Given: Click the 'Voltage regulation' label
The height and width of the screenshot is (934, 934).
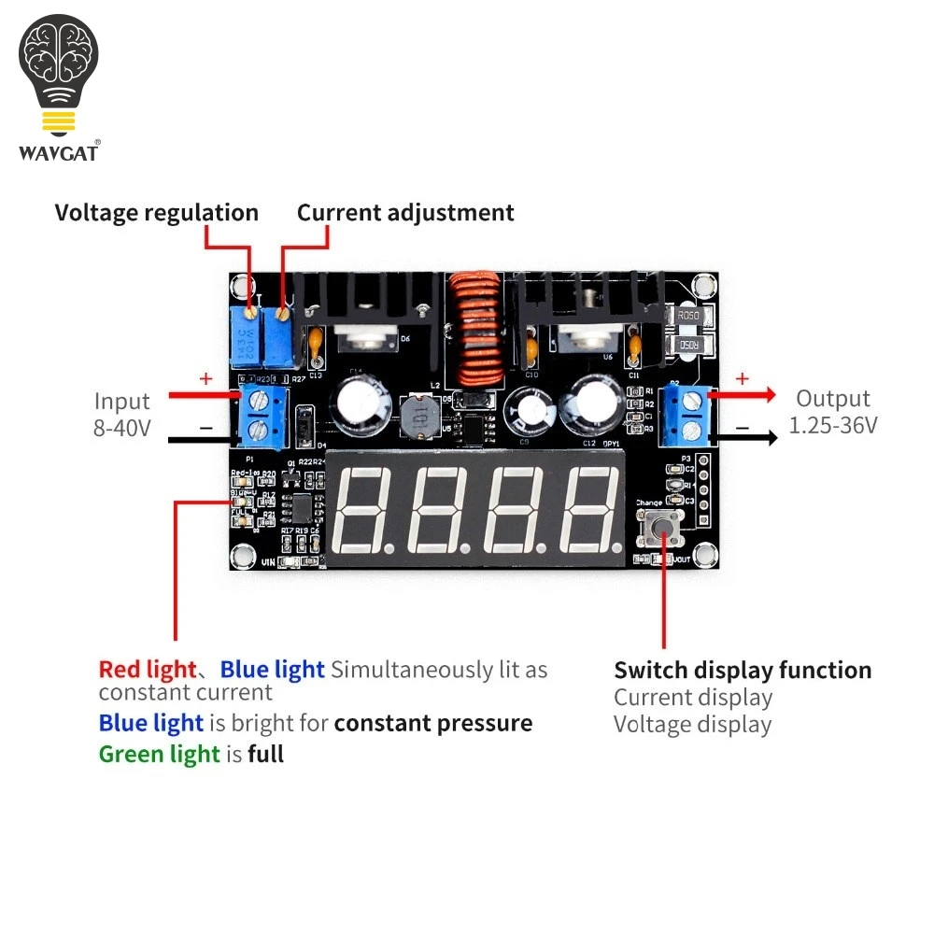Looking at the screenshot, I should pyautogui.click(x=156, y=213).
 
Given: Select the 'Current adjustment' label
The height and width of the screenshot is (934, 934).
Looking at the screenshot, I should pyautogui.click(x=405, y=213).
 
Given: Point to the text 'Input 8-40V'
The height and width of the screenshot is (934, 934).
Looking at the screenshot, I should pyautogui.click(x=122, y=416).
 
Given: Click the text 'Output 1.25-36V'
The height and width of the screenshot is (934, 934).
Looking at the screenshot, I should pyautogui.click(x=833, y=412).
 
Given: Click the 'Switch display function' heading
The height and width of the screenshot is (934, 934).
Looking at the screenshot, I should pyautogui.click(x=743, y=671).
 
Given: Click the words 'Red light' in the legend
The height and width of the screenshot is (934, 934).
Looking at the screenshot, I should pyautogui.click(x=147, y=670).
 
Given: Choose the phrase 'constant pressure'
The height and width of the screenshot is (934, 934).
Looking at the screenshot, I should pyautogui.click(x=433, y=724).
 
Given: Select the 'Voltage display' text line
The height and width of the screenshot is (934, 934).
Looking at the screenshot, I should pyautogui.click(x=692, y=725).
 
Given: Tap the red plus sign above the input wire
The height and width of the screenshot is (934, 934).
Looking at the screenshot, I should pyautogui.click(x=206, y=379).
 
